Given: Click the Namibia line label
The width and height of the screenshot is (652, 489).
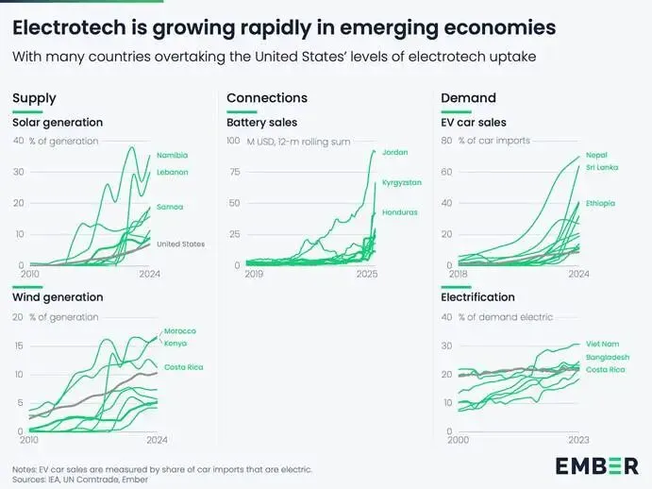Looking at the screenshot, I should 173,155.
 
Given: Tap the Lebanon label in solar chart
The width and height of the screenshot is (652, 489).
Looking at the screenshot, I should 173,172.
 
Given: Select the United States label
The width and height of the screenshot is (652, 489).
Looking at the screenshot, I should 180,244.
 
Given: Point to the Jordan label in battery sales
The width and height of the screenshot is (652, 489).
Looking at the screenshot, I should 395,152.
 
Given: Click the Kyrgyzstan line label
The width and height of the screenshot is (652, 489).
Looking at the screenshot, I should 400,182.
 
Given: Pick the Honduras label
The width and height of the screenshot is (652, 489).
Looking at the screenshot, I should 398,212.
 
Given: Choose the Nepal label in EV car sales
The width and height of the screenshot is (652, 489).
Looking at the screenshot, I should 596,155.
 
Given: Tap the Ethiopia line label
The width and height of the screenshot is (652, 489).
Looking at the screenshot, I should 601,203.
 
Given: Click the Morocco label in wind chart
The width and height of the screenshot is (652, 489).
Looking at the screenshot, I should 180,330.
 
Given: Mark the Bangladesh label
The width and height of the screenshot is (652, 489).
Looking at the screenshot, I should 606,359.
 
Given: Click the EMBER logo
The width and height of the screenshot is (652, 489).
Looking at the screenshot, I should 596,465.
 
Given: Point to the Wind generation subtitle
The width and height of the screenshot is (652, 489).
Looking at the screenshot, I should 58,297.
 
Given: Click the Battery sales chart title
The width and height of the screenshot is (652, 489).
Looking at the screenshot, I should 261,123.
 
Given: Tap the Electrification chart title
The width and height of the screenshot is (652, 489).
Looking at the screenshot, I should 477,297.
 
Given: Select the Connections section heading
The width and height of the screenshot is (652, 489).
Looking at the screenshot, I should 267,98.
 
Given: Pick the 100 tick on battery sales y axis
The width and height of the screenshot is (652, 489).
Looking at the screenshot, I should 233,141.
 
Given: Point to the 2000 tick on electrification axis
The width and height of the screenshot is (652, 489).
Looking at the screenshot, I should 459,439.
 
